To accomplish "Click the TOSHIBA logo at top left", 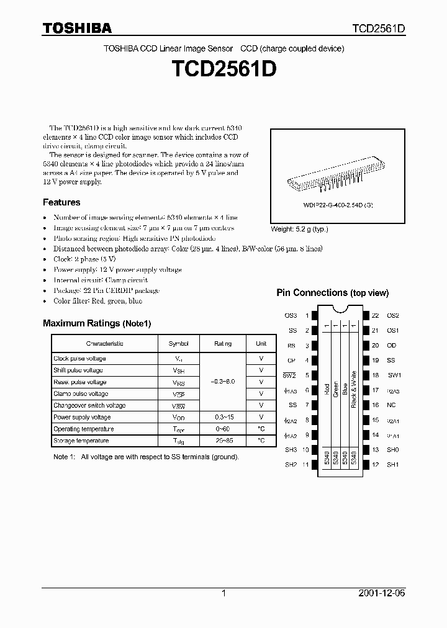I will pos(77,28).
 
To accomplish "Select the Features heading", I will pos(61,202).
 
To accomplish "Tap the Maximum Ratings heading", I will pos(97,323).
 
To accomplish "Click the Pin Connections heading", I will pos(332,293).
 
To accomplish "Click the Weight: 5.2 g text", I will pos(300,229).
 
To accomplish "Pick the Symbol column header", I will pos(178,344).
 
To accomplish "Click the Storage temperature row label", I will pos(81,441).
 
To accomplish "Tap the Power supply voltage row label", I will pos(82,417).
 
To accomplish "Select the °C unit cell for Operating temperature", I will pos(261,429).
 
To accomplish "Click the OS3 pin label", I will pos(291,316).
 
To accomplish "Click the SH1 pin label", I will pos(392,465).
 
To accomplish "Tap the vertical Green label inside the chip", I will pos(336,388).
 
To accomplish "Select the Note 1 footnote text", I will pos(145,457).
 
